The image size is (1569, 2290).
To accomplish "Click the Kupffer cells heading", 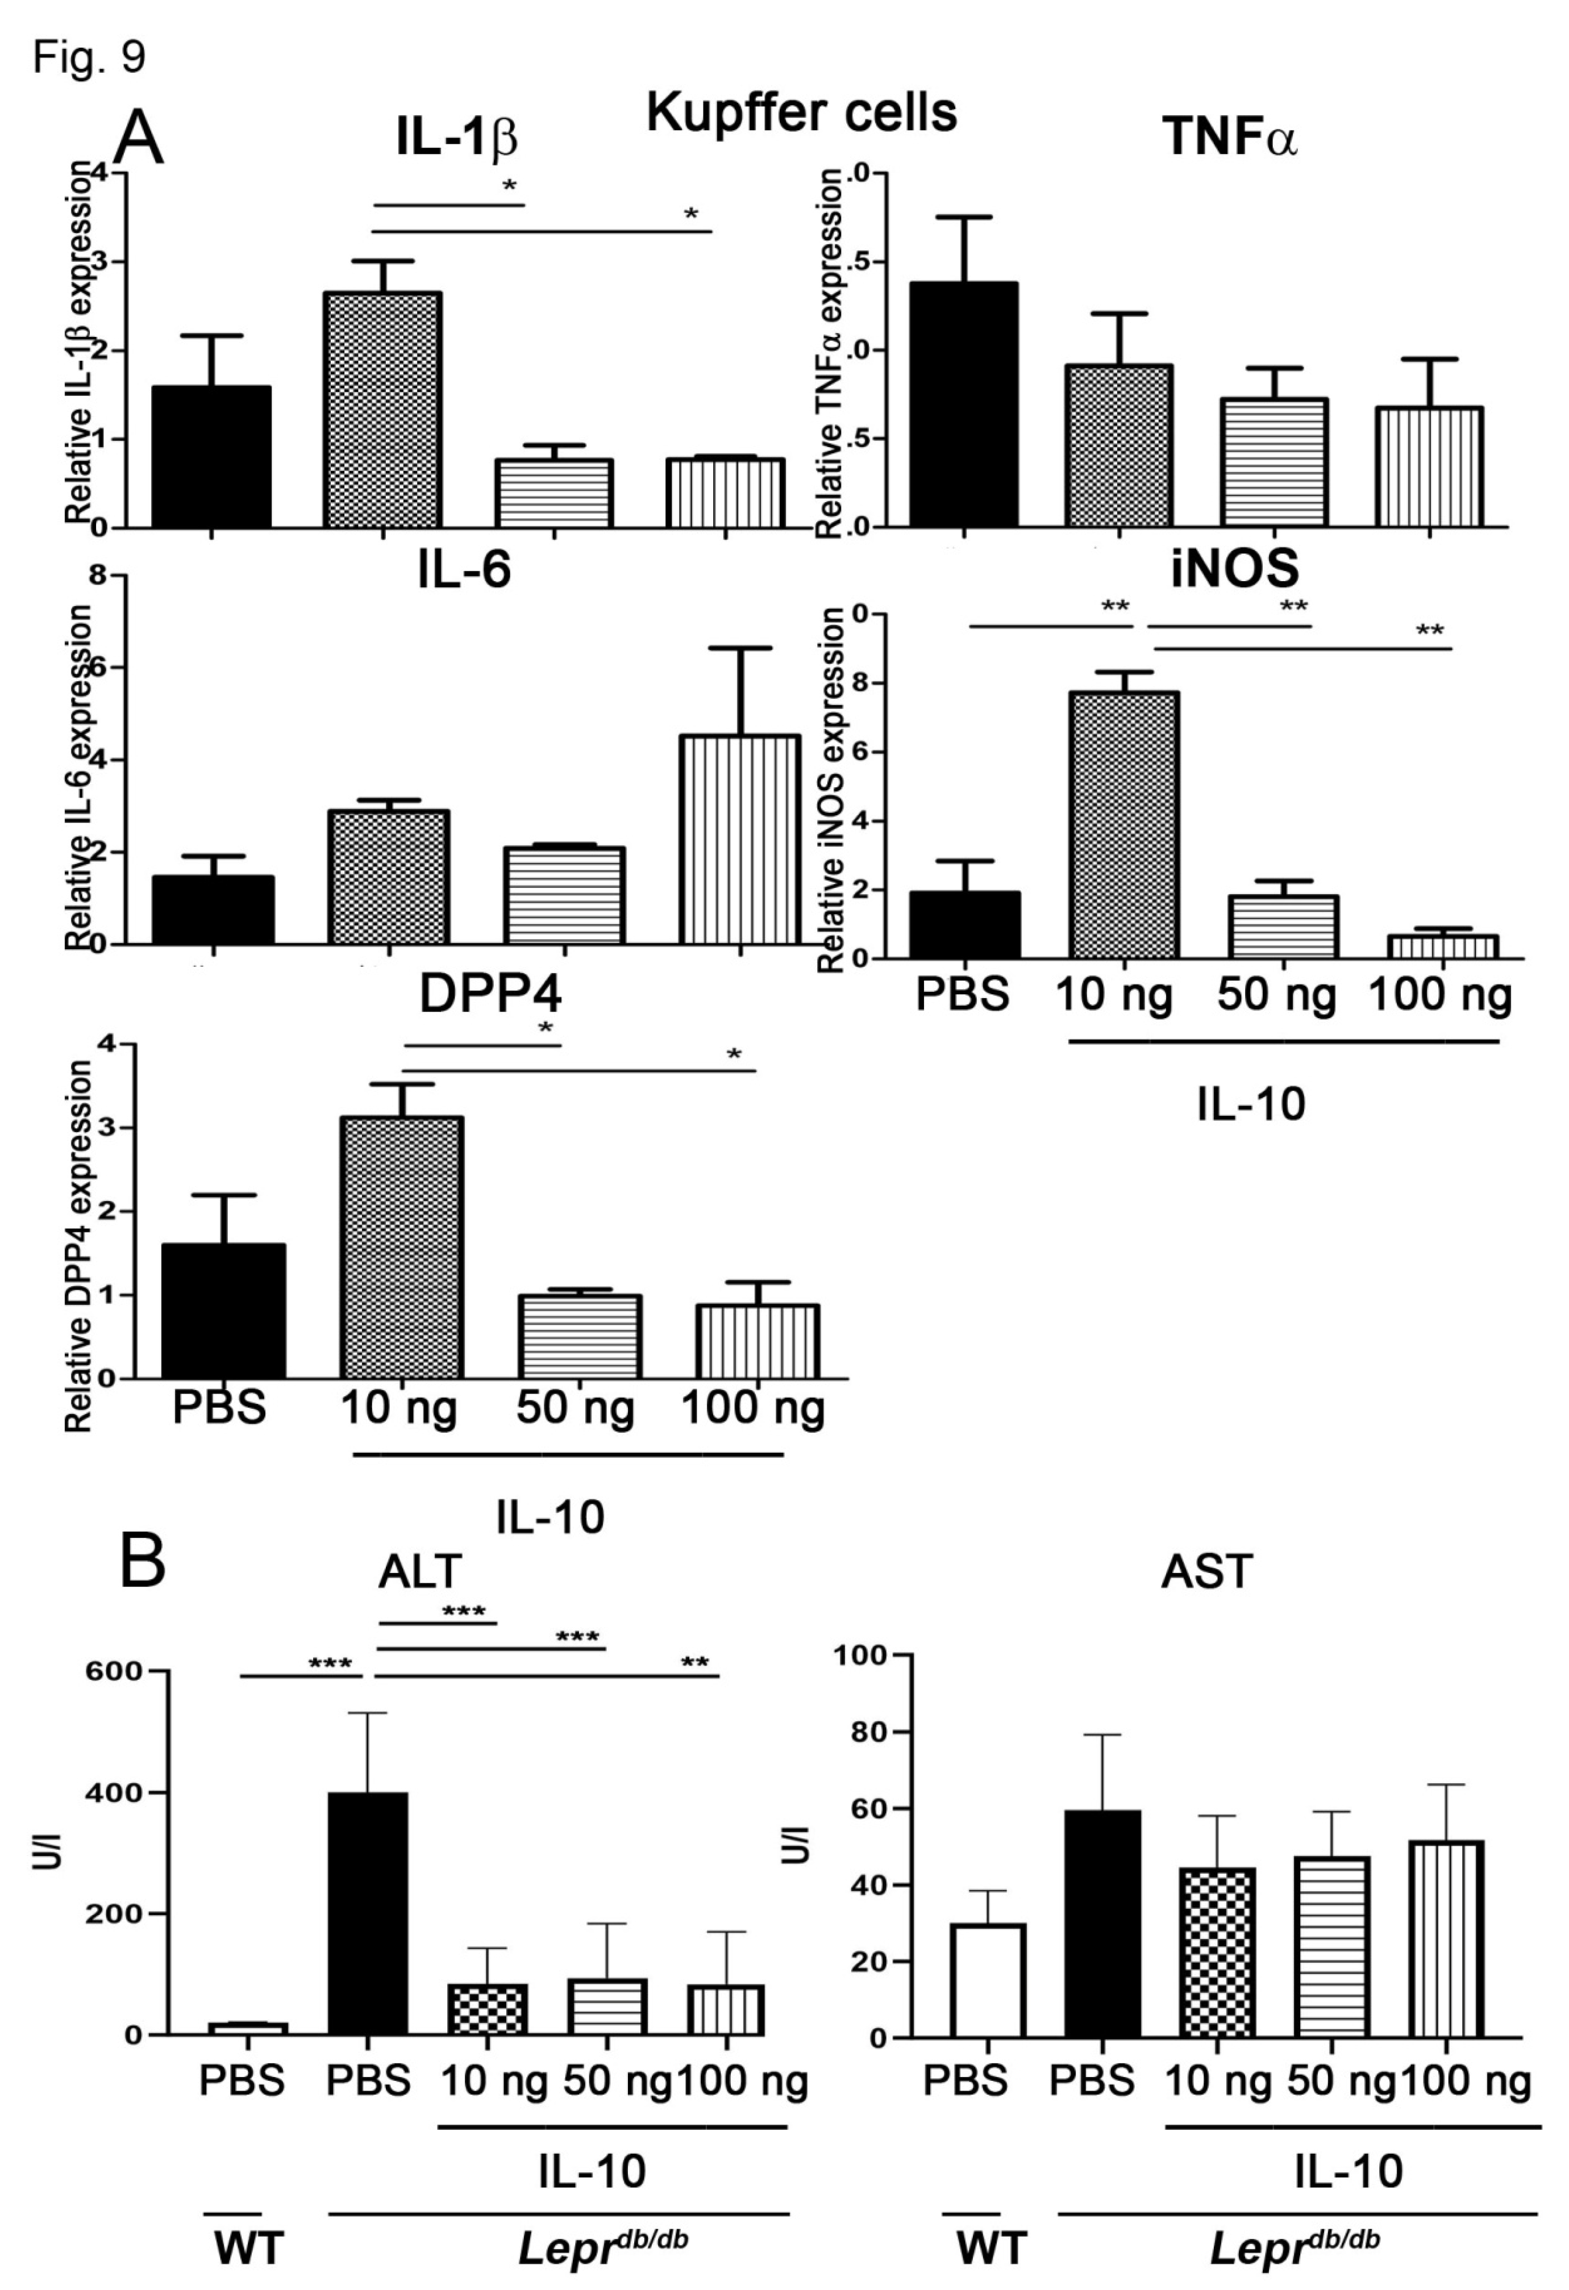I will pos(801,112).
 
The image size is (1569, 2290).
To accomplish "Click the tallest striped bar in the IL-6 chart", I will pos(739,837).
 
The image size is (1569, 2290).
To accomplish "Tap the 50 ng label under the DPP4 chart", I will pos(576,1407).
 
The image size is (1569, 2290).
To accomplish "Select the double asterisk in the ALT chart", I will pos(695,1663).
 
